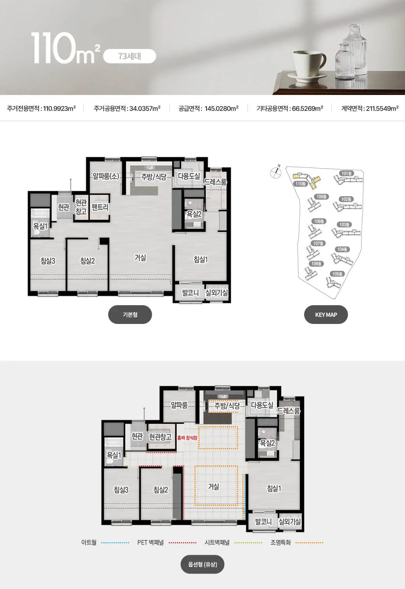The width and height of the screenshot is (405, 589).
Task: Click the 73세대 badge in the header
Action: click(x=130, y=56)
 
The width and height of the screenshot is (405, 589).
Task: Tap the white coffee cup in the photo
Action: click(x=309, y=63)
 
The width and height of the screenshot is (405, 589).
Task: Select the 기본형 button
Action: click(x=130, y=314)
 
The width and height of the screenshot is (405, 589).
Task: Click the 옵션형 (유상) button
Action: click(x=202, y=565)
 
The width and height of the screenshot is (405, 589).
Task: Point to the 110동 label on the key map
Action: click(x=300, y=184)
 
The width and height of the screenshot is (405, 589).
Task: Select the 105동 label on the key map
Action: click(x=337, y=274)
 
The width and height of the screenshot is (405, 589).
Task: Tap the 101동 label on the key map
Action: click(x=346, y=173)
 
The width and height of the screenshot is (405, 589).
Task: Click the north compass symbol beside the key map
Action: click(x=276, y=172)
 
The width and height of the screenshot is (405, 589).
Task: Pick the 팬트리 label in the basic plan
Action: click(x=100, y=207)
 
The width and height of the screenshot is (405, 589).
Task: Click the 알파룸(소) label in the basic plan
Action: click(x=106, y=176)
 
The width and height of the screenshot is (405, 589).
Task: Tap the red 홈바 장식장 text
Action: click(x=187, y=438)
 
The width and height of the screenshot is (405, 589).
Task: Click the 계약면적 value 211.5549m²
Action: click(x=383, y=108)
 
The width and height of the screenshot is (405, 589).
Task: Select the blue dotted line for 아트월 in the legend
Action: click(x=115, y=543)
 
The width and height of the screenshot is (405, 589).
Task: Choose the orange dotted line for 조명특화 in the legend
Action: click(x=309, y=543)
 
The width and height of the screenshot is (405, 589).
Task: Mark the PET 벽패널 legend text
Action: click(x=151, y=543)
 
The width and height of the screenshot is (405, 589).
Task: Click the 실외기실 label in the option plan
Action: click(x=289, y=521)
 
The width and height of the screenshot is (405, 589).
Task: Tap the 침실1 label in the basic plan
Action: click(x=201, y=260)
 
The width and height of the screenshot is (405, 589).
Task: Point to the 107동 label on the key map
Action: click(x=318, y=243)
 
